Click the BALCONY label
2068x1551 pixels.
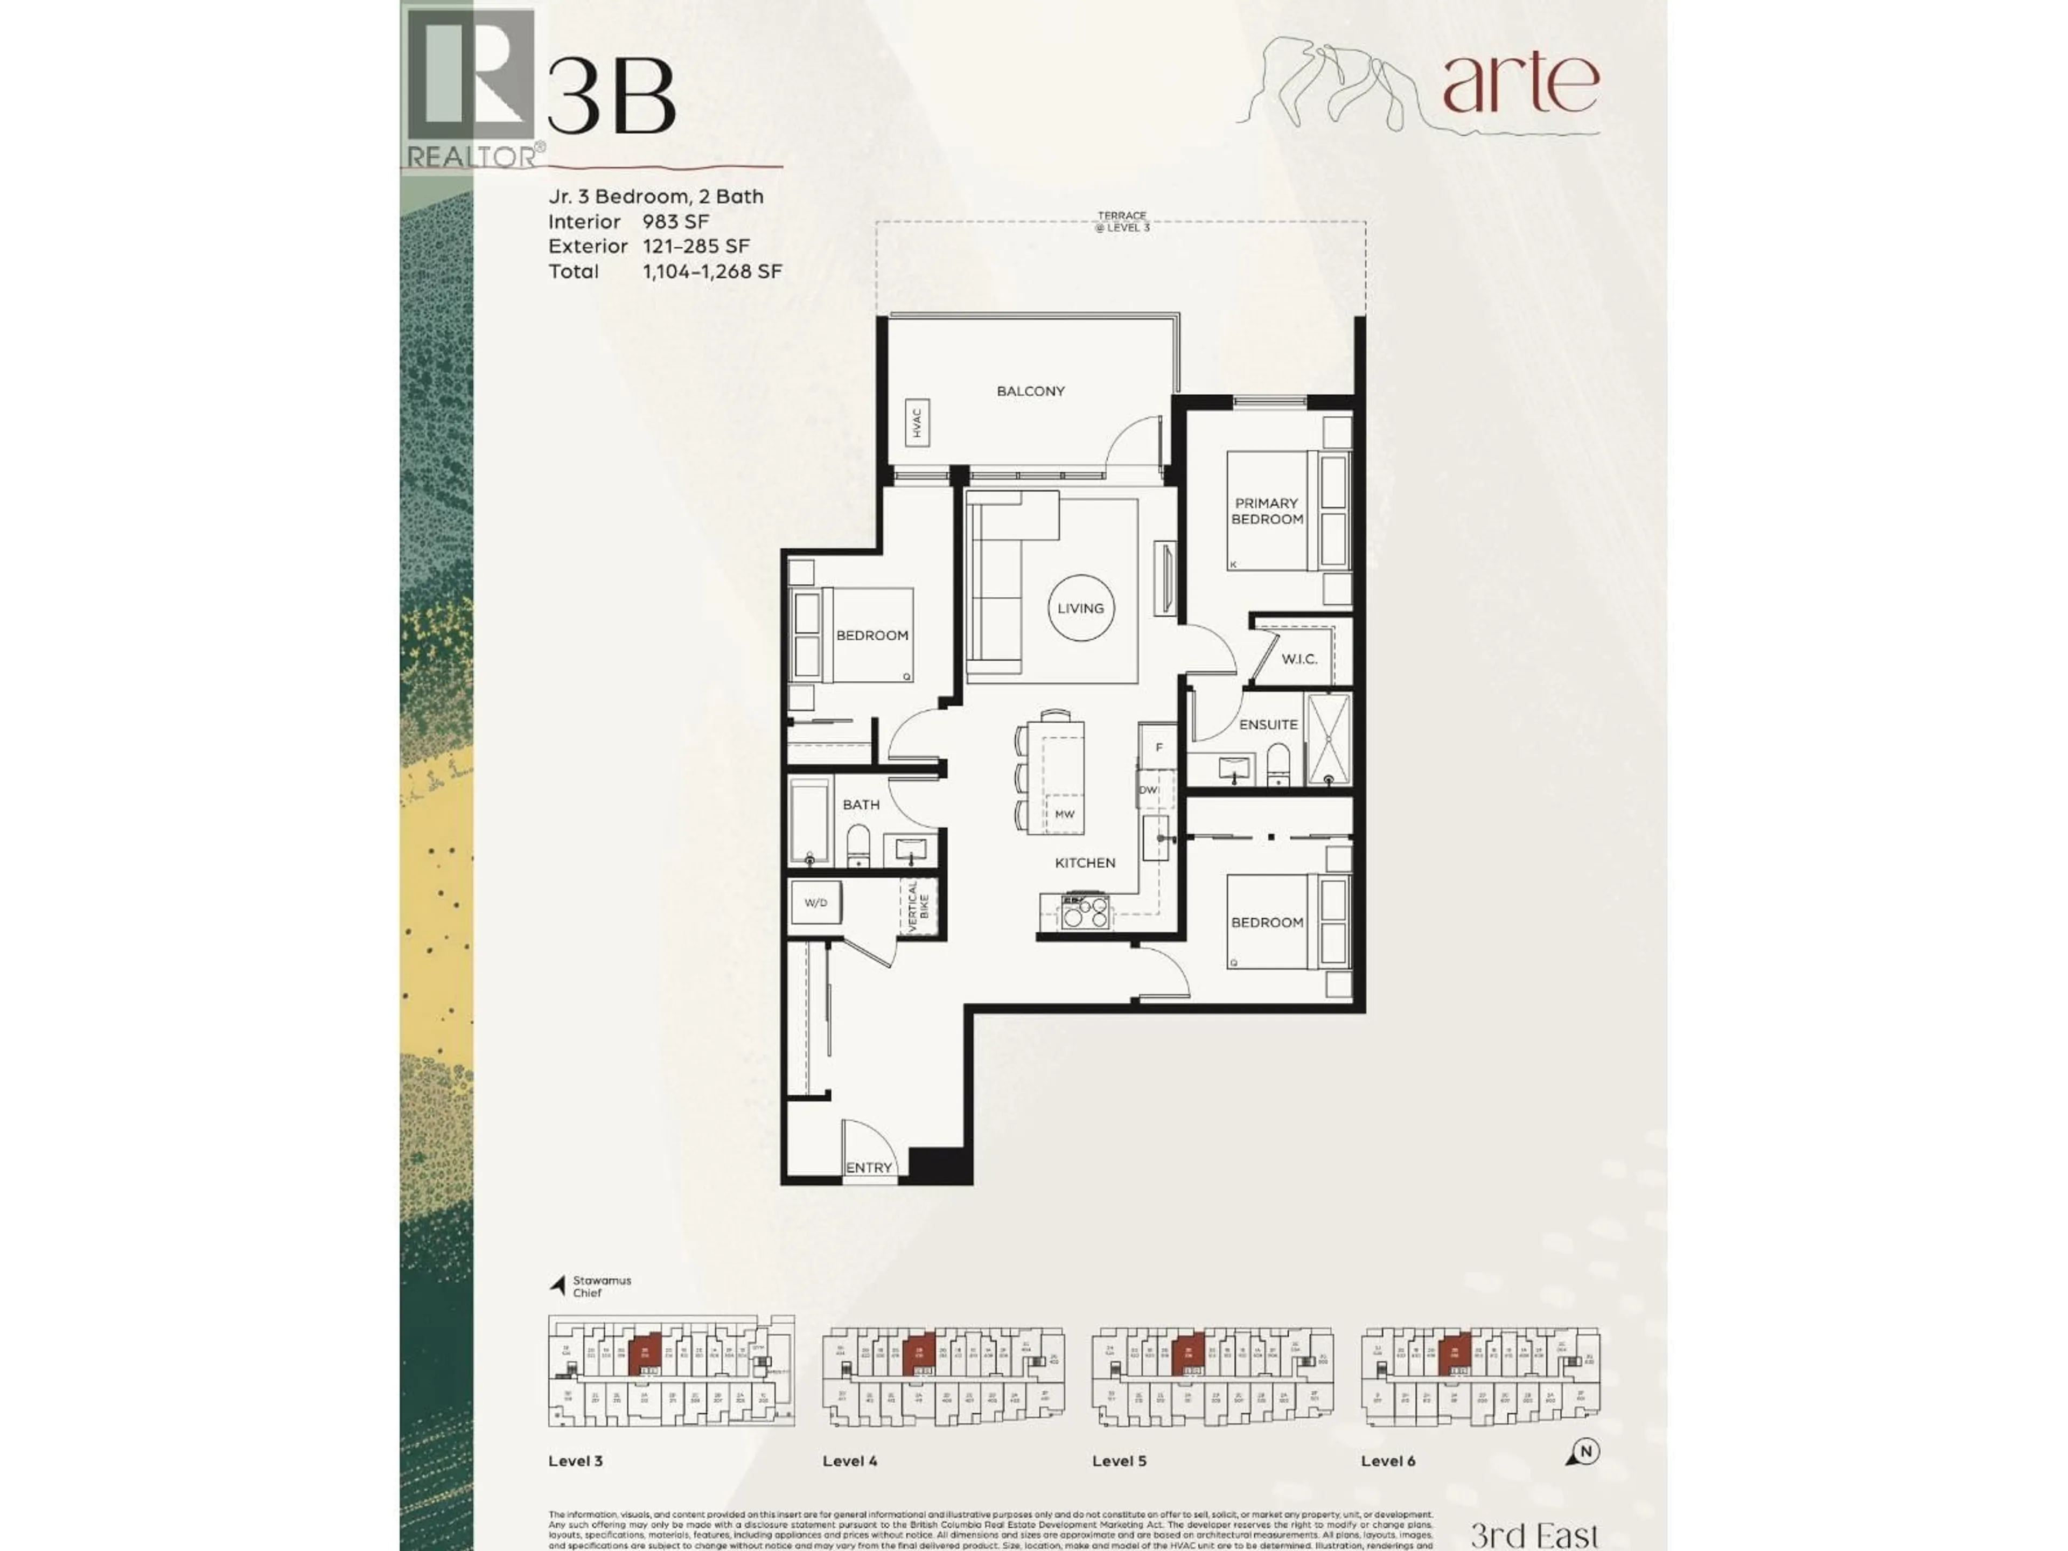coord(1030,391)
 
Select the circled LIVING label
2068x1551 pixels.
coord(1081,607)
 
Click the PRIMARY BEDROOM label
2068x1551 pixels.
coord(1267,511)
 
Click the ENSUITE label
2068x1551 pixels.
coord(1268,724)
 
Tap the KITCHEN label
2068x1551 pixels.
coord(1085,863)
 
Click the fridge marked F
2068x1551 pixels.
coord(1158,747)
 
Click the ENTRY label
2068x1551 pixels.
coord(869,1168)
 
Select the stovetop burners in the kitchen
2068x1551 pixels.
coord(1085,912)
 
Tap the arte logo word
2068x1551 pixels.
coord(1520,83)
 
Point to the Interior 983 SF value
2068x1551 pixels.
coord(675,221)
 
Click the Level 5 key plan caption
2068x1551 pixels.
coord(1118,1461)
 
